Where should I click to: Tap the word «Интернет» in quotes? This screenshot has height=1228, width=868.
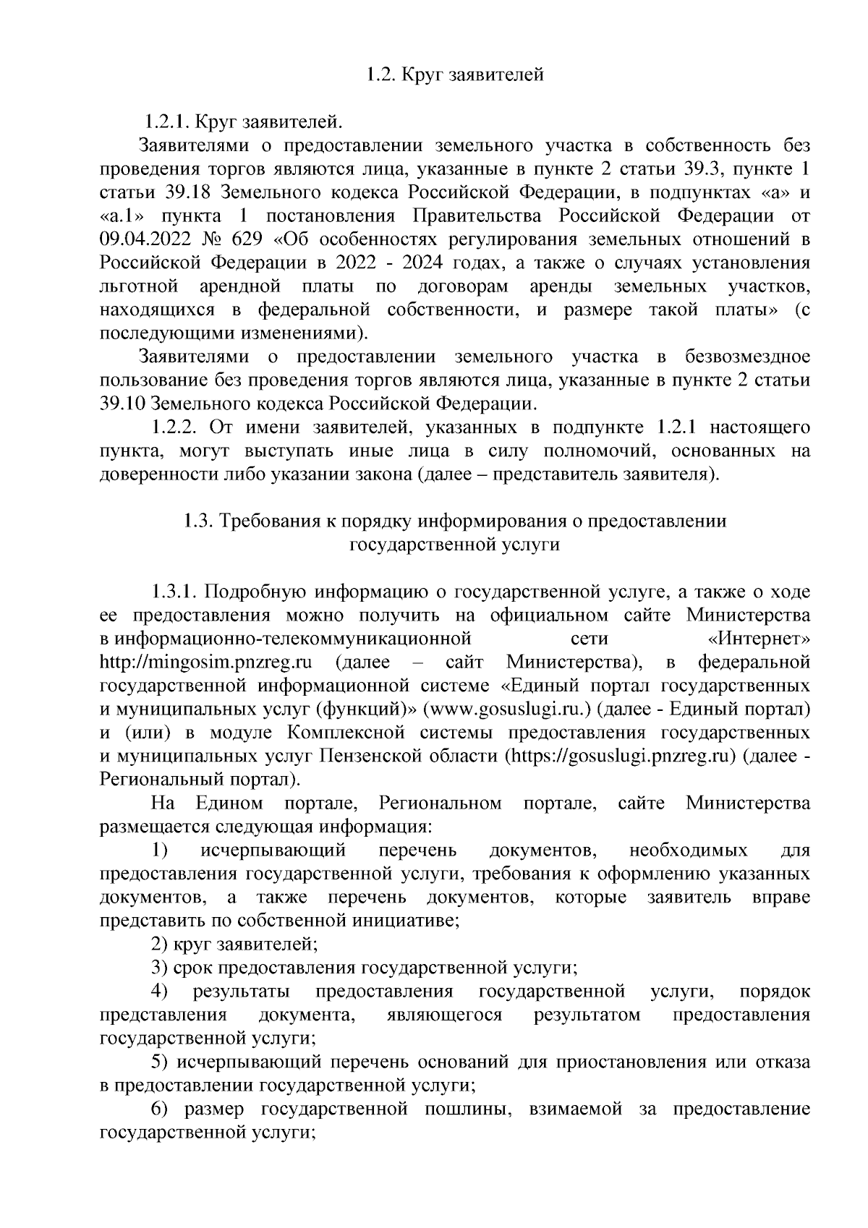[x=757, y=639]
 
